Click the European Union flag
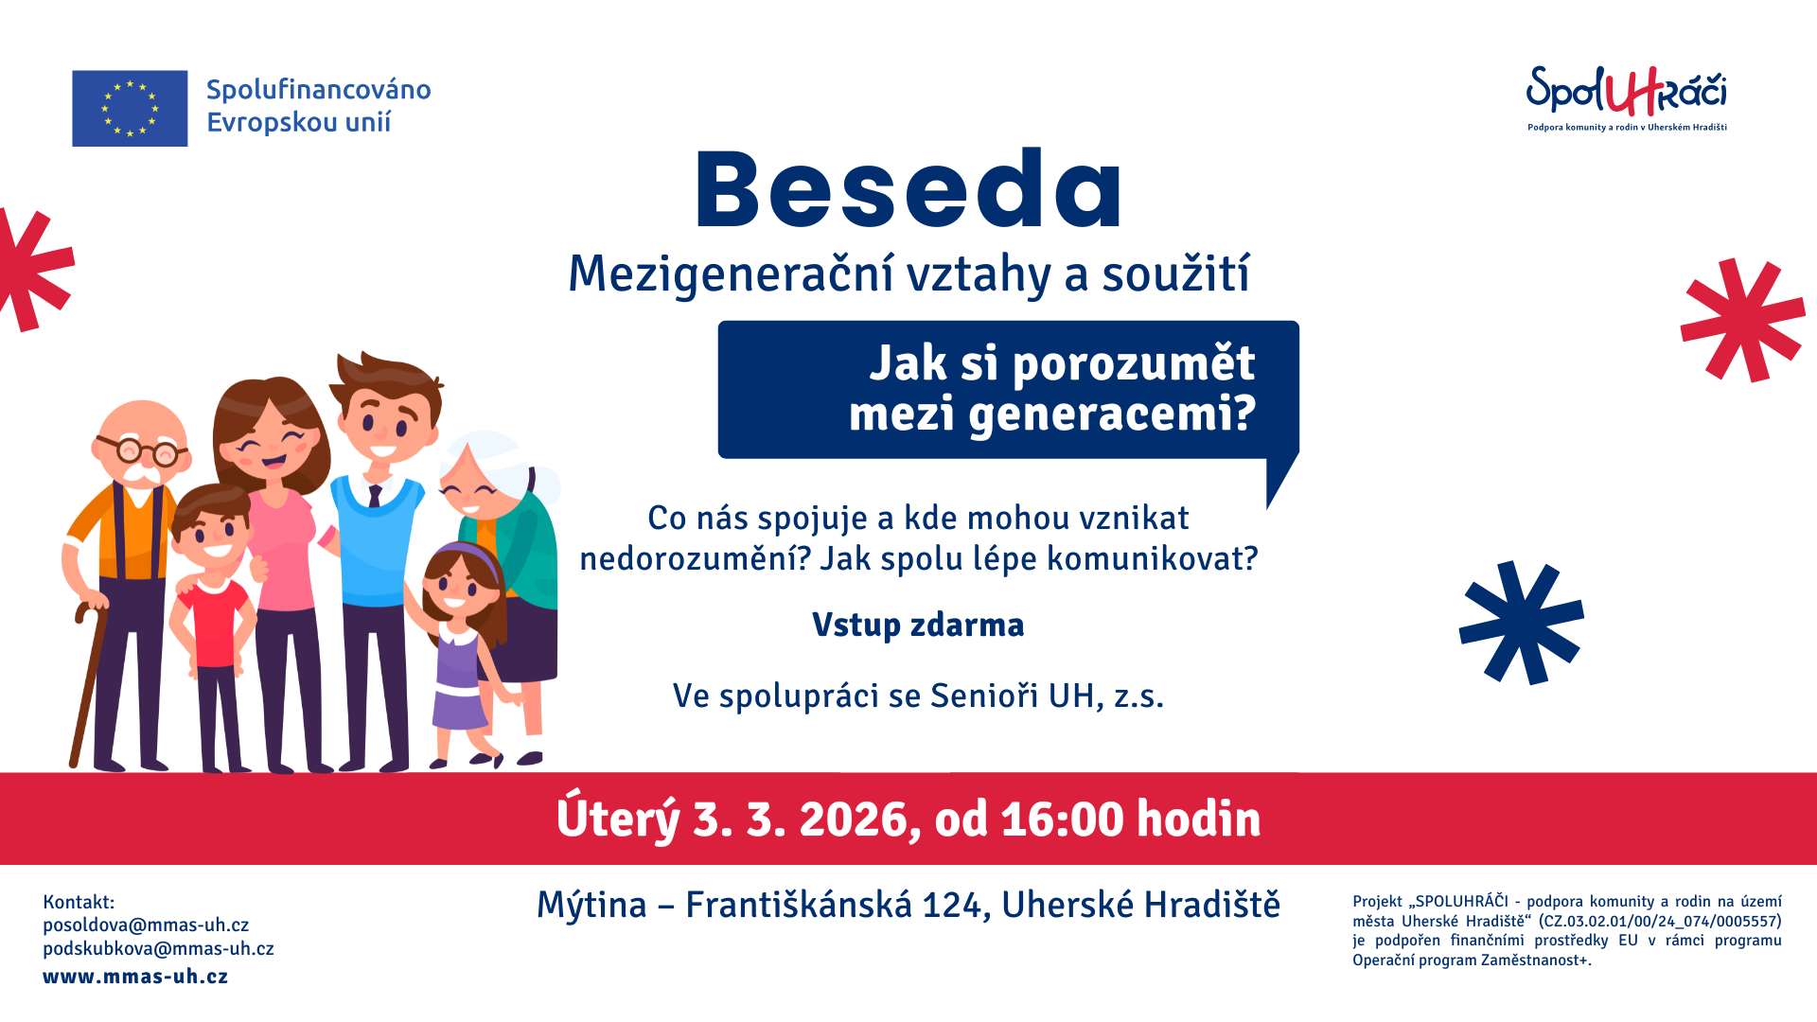pos(130,108)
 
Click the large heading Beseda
pos(908,189)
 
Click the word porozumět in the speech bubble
pos(1134,364)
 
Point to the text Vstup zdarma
pos(918,625)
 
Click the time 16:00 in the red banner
pos(1063,819)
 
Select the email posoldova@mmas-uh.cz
pos(146,925)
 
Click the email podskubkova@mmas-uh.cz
pos(158,949)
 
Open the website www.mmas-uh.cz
pos(135,977)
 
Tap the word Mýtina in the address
pos(591,906)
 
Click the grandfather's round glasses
pos(142,450)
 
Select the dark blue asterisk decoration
pos(1521,622)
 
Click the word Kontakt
pos(79,902)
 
